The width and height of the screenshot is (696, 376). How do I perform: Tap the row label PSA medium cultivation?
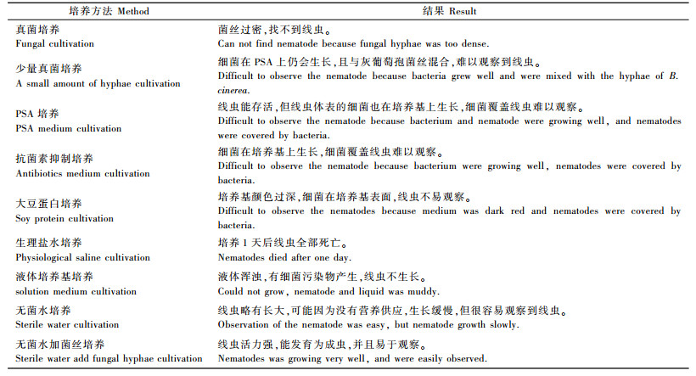68,128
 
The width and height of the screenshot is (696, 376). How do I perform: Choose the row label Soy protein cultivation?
64,219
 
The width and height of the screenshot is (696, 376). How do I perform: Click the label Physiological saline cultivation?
82,258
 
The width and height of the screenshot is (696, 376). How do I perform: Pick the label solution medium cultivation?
76,292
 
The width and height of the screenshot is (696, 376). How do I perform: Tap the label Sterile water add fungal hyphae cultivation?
109,359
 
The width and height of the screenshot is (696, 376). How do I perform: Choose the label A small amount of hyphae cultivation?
98,83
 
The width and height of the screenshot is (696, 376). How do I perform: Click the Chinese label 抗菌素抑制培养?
54,160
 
